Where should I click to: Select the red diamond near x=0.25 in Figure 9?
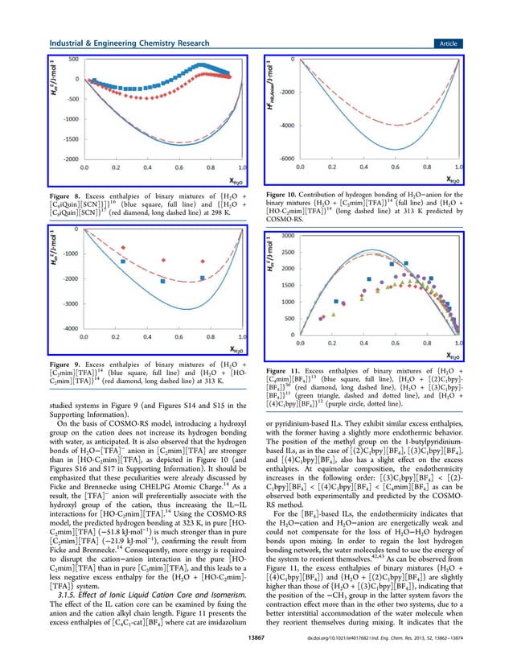click(x=123, y=247)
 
